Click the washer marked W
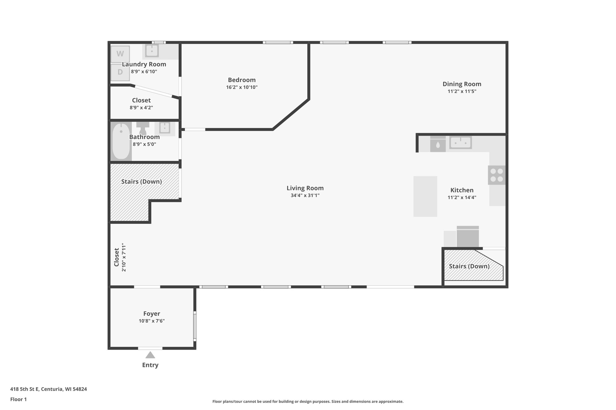coord(120,54)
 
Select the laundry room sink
coord(152,50)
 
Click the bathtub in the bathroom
coord(121,141)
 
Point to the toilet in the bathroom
coord(143,128)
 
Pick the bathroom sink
coord(165,128)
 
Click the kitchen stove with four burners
coord(497,175)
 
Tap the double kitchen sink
coord(460,142)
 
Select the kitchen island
coord(425,196)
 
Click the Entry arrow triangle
coord(150,355)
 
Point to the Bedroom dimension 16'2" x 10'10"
coord(242,87)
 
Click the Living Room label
coord(305,188)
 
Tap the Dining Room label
coord(462,84)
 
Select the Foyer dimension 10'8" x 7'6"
coord(152,321)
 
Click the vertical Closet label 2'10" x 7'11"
coord(120,257)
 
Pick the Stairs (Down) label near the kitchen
coord(469,266)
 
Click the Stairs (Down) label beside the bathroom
coord(141,181)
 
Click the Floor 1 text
coord(18,399)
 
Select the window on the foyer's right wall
coord(195,326)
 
